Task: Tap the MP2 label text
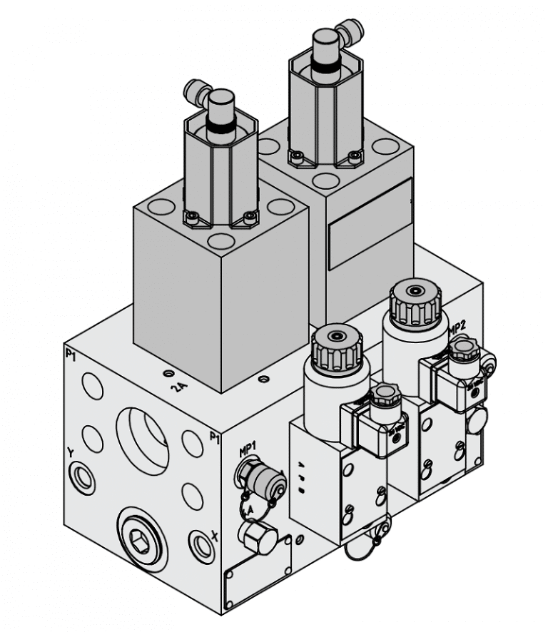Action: pyautogui.click(x=457, y=327)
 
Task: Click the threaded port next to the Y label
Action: pyautogui.click(x=82, y=477)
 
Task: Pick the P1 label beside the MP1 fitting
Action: pyautogui.click(x=213, y=437)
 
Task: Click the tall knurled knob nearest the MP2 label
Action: pyautogui.click(x=413, y=302)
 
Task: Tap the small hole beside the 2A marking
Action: pyautogui.click(x=168, y=373)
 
